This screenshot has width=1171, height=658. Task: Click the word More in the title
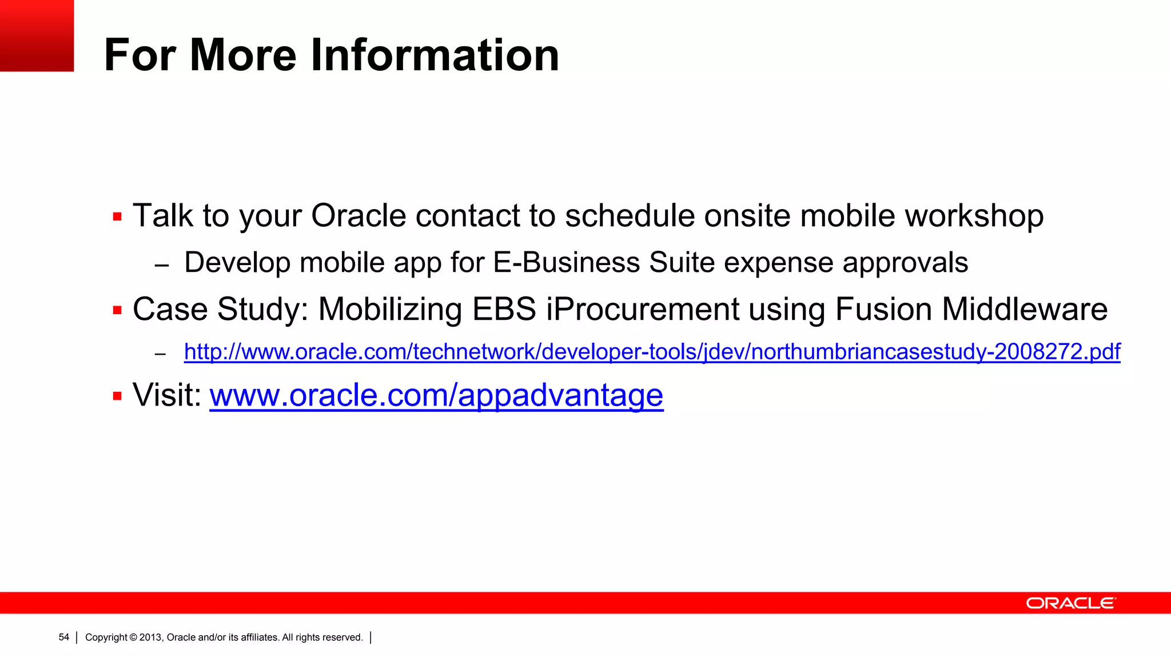(243, 55)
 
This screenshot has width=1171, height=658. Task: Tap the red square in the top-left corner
(37, 35)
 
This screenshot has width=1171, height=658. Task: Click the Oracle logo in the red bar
(1070, 603)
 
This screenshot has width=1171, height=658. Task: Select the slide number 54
(63, 637)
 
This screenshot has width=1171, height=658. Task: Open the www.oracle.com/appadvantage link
(436, 395)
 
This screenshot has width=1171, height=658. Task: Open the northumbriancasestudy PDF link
(652, 351)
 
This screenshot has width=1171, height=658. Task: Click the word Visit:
(167, 395)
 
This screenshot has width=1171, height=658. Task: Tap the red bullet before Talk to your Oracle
(118, 217)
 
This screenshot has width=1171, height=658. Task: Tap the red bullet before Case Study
(118, 311)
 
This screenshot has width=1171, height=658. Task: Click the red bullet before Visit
(118, 396)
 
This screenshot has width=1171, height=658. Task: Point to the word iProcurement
(643, 310)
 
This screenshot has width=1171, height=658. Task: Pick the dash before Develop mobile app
(162, 266)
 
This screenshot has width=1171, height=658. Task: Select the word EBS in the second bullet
(504, 310)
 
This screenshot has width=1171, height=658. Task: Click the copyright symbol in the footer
(133, 637)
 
